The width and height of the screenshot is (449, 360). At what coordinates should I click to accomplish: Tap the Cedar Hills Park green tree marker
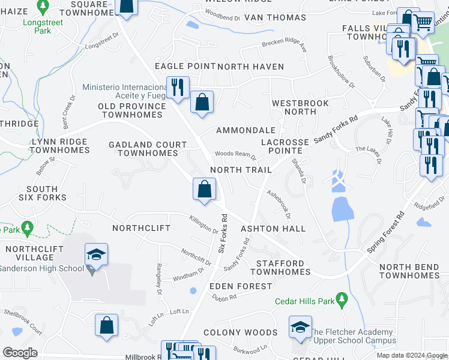point(342,299)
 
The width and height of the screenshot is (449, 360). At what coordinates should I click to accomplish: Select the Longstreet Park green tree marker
point(43,7)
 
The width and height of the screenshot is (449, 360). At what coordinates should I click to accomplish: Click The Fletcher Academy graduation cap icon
point(300,326)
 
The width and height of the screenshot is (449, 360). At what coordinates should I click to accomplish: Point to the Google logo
point(20,353)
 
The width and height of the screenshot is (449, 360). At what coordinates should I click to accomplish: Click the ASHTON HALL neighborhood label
point(273,229)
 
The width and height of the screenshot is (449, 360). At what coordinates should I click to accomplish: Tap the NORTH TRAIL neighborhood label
point(241,170)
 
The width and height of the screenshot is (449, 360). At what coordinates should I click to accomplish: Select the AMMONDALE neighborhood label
point(246,130)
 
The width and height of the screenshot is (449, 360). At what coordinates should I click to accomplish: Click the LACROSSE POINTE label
point(285,146)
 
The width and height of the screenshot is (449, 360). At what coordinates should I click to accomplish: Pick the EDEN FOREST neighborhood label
point(241,286)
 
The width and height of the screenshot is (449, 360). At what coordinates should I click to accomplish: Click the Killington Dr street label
point(204,224)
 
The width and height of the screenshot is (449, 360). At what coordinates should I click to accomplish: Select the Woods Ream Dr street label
point(236,155)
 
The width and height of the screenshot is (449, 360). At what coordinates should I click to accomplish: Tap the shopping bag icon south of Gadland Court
point(204,190)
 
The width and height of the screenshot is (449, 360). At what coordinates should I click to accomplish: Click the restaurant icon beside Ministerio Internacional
point(177,87)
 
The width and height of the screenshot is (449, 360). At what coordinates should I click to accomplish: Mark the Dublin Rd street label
point(223,298)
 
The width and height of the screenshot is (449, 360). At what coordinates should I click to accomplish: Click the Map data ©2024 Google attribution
point(411,355)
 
